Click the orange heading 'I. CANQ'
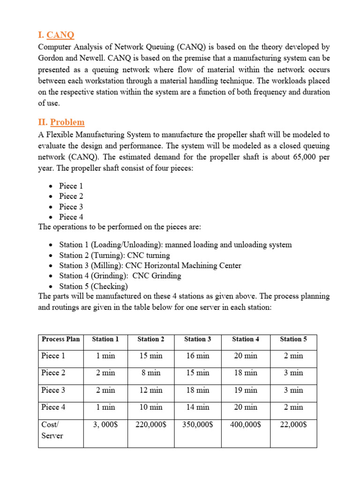pyautogui.click(x=56, y=35)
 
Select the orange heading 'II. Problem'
pyautogui.click(x=61, y=122)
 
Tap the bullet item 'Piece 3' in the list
pyautogui.click(x=71, y=207)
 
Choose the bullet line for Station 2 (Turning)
pyautogui.click(x=114, y=255)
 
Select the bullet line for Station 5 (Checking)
pyautogui.click(x=93, y=286)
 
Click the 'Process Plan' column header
pyautogui.click(x=60, y=339)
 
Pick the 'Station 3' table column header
pyautogui.click(x=197, y=339)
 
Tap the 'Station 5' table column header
pyautogui.click(x=293, y=339)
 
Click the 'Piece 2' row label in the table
pyautogui.click(x=53, y=373)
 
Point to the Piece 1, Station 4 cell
pyautogui.click(x=246, y=356)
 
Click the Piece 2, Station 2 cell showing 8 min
pyautogui.click(x=150, y=373)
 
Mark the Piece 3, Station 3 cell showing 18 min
pyautogui.click(x=197, y=390)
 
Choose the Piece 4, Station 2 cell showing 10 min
pyautogui.click(x=150, y=407)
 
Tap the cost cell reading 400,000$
pyautogui.click(x=246, y=425)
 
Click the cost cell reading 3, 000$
pyautogui.click(x=105, y=425)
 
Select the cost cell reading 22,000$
pyautogui.click(x=293, y=425)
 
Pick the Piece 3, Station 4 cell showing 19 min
pyautogui.click(x=246, y=390)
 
